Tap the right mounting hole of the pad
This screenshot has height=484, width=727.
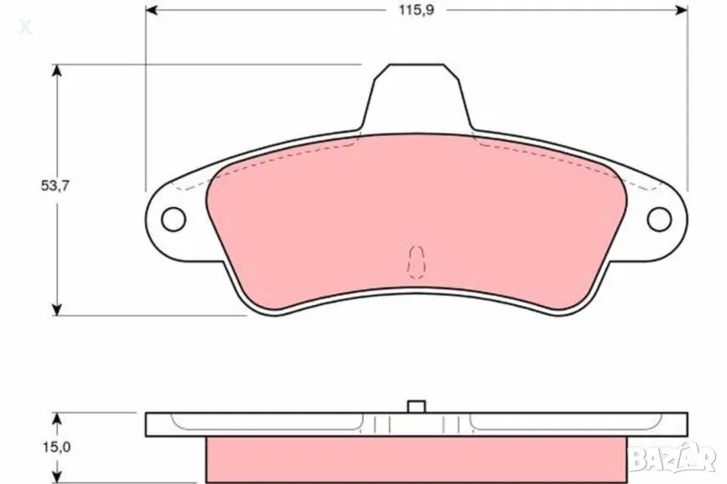click(660, 219)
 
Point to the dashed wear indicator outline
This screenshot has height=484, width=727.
click(416, 261)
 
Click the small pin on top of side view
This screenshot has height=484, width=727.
click(417, 407)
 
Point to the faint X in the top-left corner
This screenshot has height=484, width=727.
click(25, 27)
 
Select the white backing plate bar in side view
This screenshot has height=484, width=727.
click(273, 424)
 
